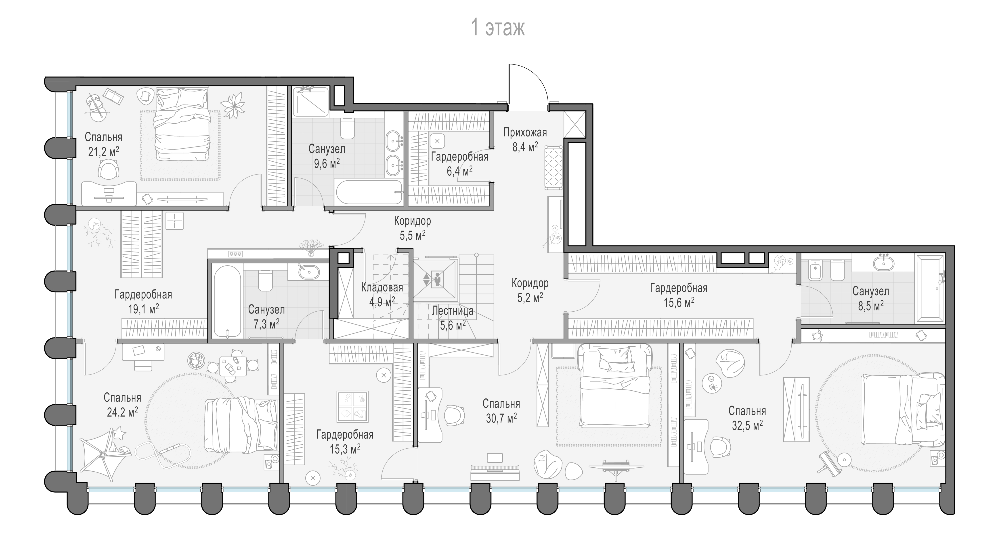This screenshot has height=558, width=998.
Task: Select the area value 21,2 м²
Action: [x=103, y=151]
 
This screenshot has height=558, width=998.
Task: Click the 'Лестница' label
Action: [x=453, y=310]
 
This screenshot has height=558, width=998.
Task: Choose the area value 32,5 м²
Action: [x=747, y=425]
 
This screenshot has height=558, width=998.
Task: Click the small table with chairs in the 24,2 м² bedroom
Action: [x=233, y=366]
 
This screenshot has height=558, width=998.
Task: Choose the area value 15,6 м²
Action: [x=679, y=302]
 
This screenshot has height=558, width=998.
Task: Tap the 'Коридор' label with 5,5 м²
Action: [x=413, y=228]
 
